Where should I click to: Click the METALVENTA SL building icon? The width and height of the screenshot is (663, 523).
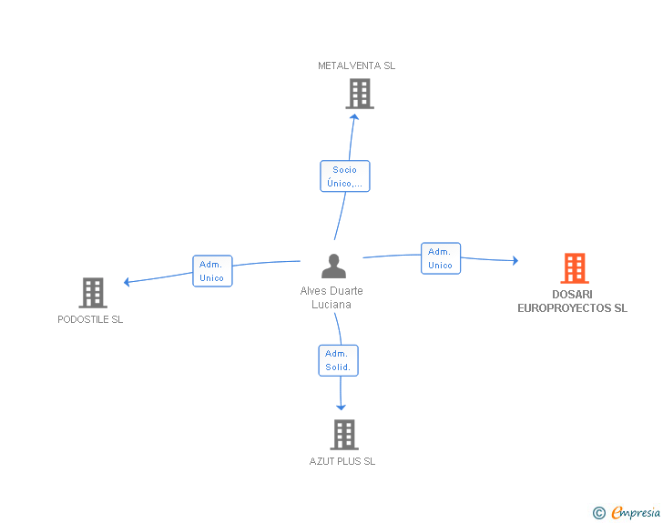[360, 94]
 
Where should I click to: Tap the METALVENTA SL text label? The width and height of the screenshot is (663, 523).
[356, 65]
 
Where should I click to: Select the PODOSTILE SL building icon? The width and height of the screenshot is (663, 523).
[93, 293]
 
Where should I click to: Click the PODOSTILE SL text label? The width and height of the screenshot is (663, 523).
[90, 319]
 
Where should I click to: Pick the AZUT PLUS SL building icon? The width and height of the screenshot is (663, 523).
[344, 435]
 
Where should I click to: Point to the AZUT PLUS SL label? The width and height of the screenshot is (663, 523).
[342, 461]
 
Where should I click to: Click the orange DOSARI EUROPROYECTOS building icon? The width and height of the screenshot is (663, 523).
[575, 268]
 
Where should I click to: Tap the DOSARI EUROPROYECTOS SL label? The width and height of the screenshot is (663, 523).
[573, 301]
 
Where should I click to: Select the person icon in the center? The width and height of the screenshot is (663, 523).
[333, 267]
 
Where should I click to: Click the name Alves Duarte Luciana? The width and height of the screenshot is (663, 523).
[331, 297]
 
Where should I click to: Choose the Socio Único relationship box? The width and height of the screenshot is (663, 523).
[345, 176]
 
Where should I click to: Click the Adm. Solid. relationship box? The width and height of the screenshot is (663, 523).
[338, 360]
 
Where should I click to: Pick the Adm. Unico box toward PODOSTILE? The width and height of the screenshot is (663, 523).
[212, 271]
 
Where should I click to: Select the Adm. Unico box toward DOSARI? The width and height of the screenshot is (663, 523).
[441, 258]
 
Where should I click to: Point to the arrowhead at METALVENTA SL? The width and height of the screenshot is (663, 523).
[355, 117]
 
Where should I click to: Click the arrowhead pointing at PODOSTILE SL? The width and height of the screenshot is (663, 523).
[127, 282]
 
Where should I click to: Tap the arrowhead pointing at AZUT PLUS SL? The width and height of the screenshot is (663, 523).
[341, 407]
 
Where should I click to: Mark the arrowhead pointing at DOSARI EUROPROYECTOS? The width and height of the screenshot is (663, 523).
[515, 260]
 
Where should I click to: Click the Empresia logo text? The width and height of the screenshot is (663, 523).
[636, 512]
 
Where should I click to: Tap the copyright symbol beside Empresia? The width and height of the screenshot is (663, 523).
[599, 513]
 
